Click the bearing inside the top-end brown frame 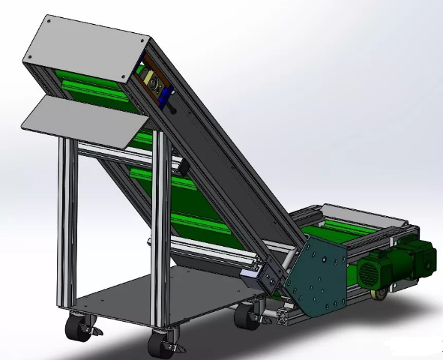click(149, 79)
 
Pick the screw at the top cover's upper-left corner click(49, 22)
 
